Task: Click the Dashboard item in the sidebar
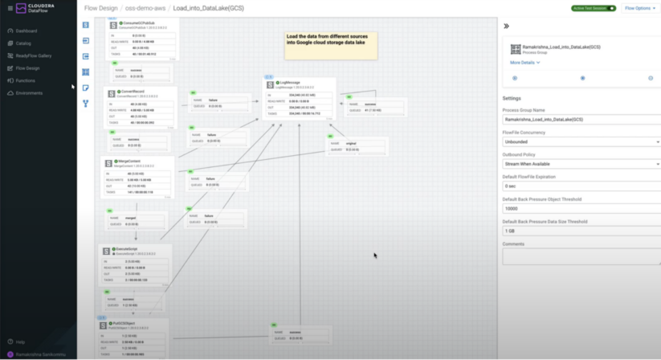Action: pos(26,31)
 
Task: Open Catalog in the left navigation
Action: pos(23,43)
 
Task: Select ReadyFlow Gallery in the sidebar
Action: pos(33,56)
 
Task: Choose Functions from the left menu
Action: pos(25,80)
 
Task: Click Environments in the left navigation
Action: pos(29,93)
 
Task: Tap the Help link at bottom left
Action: pos(19,342)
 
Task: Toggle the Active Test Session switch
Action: pos(612,8)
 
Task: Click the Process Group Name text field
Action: pos(581,119)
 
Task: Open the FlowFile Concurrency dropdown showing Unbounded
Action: pos(581,141)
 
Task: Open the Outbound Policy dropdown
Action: pos(581,164)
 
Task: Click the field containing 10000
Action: pos(581,208)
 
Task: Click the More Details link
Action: pos(524,62)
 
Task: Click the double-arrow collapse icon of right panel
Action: pos(507,26)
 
